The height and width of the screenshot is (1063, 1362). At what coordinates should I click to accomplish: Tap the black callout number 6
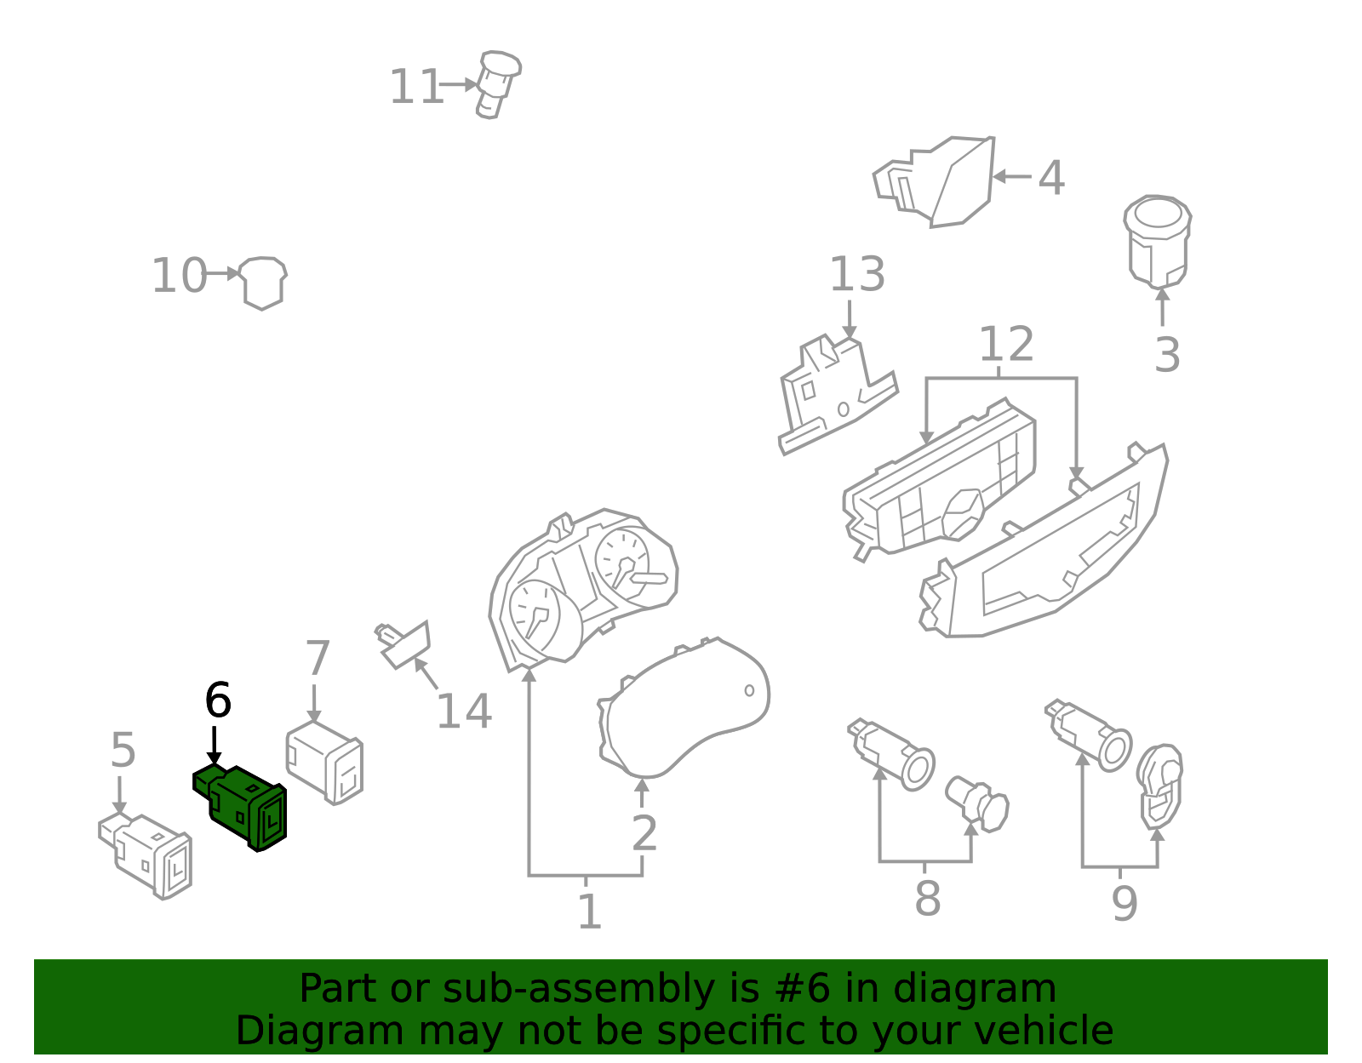tap(218, 701)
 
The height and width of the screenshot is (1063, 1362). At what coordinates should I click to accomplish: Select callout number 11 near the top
tap(415, 87)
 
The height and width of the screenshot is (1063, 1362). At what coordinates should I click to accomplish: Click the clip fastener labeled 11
tap(498, 83)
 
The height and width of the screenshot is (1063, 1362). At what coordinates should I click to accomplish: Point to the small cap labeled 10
tap(263, 281)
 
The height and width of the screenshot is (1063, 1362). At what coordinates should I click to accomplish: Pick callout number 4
tap(1051, 179)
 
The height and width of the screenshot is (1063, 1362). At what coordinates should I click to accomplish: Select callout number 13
tap(856, 275)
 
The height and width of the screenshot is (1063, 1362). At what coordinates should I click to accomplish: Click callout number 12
tap(1005, 345)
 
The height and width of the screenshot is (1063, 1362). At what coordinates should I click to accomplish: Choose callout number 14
tap(464, 712)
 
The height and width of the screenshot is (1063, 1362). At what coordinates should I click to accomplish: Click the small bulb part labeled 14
tap(403, 643)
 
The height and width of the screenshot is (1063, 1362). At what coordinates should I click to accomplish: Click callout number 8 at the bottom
tap(927, 899)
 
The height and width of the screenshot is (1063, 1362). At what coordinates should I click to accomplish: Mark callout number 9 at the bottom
tap(1125, 904)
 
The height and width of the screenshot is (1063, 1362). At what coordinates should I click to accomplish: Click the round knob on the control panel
tap(963, 513)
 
